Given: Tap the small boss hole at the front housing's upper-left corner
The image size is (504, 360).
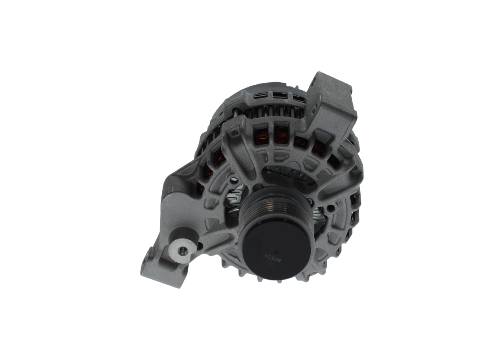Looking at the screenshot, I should (x=235, y=134).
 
